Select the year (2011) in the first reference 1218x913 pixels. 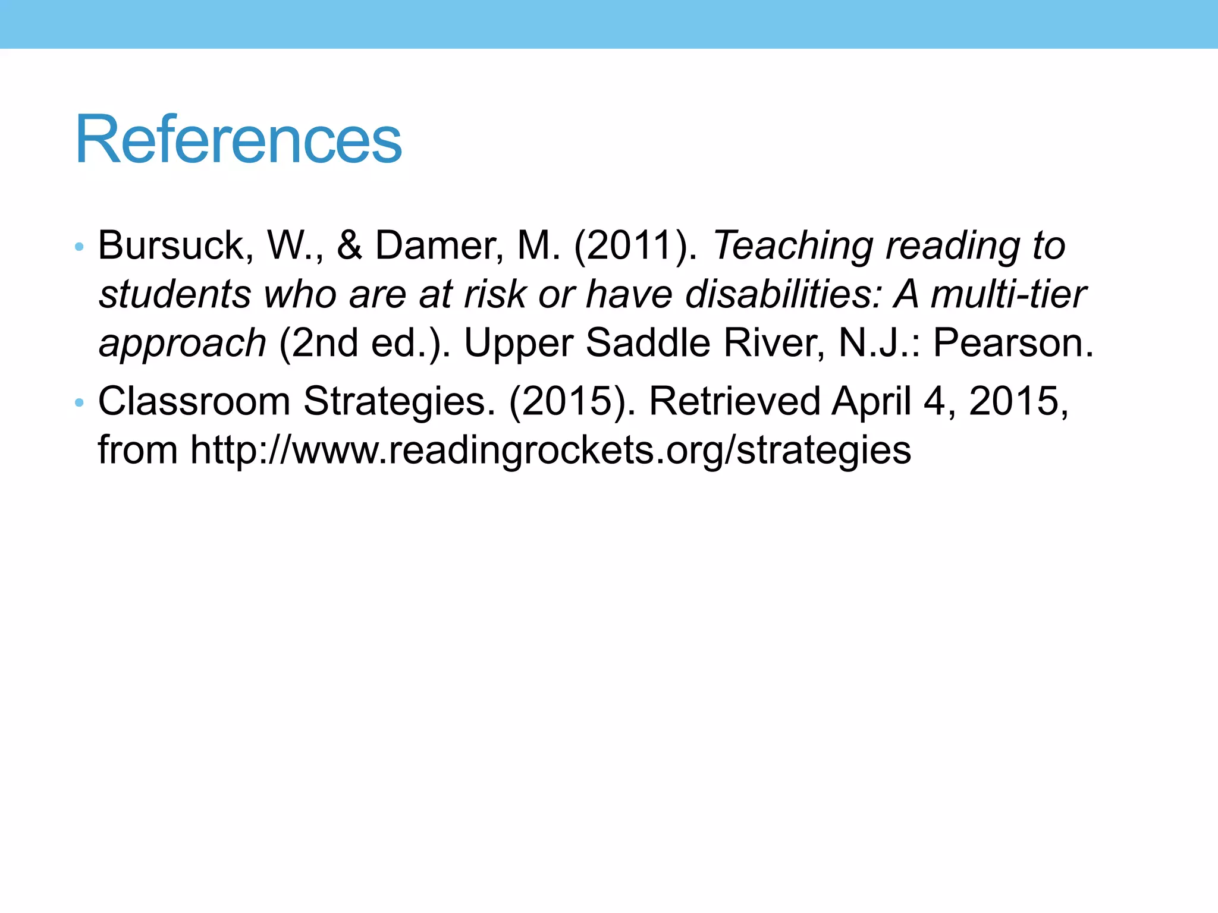(635, 245)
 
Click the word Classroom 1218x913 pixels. (194, 401)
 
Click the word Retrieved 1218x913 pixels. (734, 401)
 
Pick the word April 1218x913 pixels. (871, 401)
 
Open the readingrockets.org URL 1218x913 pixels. (551, 451)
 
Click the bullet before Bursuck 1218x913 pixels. (80, 247)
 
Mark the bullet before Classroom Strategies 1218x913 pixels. (80, 403)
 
